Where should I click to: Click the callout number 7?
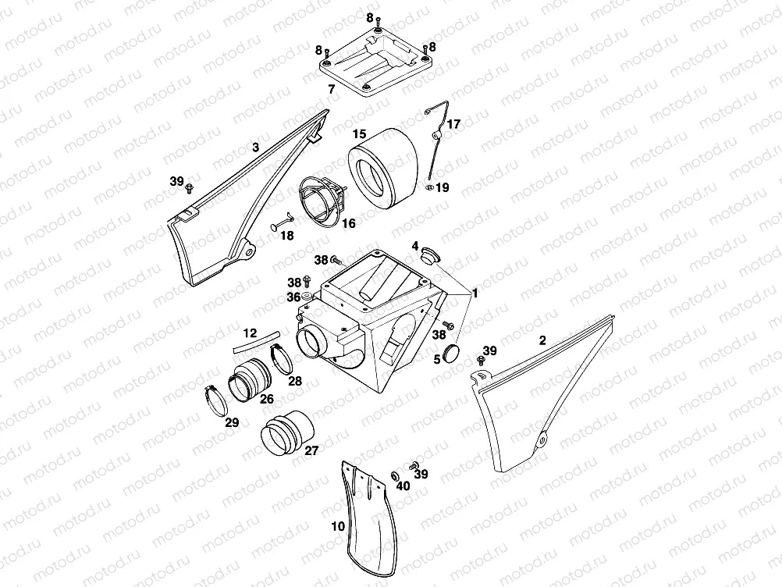331,90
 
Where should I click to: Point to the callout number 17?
454,123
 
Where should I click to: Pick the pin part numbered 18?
281,222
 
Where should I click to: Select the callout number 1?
475,293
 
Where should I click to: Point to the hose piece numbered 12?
256,341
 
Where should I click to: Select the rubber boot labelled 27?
288,432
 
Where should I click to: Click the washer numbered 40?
394,474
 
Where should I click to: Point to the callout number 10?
338,526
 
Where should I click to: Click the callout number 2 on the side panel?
542,340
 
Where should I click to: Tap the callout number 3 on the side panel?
255,148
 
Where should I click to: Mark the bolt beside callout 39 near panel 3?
189,189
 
